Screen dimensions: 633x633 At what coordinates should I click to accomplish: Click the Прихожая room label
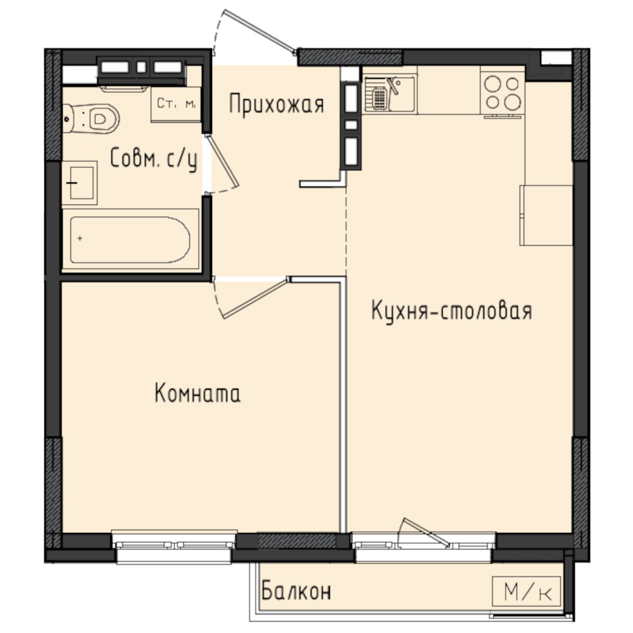click(277, 104)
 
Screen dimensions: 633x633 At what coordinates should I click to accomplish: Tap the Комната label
click(197, 393)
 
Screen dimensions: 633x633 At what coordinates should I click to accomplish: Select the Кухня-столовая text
click(451, 310)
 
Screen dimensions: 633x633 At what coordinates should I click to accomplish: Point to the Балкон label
click(296, 591)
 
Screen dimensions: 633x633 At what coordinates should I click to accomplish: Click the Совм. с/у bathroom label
click(154, 159)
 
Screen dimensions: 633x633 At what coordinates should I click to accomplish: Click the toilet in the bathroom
click(91, 118)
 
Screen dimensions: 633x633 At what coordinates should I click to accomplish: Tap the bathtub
click(130, 240)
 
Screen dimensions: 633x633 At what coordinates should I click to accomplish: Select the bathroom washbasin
click(80, 183)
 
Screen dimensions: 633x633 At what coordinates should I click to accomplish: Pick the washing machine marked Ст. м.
click(176, 104)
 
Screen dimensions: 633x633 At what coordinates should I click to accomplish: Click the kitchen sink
click(389, 94)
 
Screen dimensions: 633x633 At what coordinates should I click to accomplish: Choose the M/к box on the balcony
click(527, 592)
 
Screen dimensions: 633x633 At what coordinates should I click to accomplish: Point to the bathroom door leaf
click(222, 161)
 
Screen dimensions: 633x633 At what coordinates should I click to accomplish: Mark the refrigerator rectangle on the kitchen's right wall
click(546, 215)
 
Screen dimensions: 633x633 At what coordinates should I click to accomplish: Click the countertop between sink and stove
click(449, 90)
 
